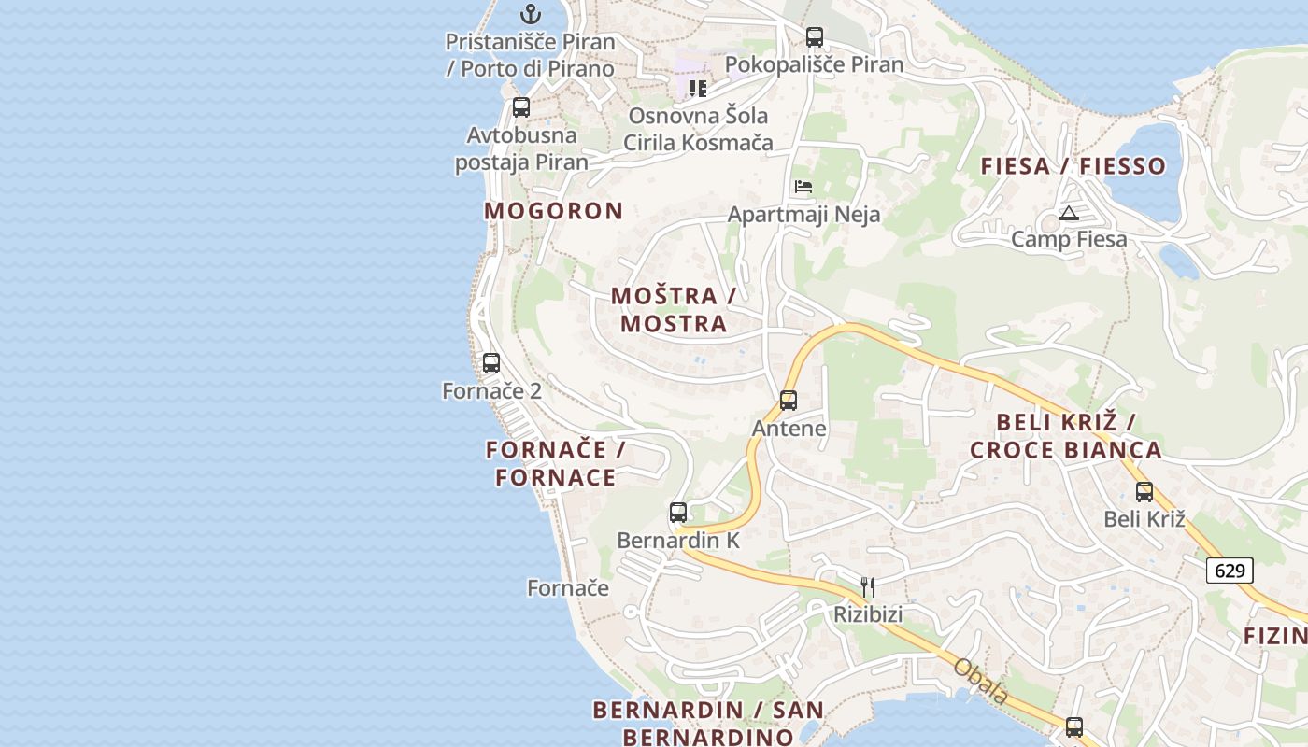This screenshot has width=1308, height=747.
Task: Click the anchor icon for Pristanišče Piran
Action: (x=531, y=14)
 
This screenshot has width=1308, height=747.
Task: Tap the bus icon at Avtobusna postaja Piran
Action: (x=521, y=107)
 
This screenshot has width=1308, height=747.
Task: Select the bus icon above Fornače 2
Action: (x=491, y=363)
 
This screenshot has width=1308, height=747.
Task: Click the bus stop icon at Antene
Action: (x=789, y=401)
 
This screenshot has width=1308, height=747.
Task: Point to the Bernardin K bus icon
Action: (x=678, y=513)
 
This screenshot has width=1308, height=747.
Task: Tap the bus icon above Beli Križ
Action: (x=1144, y=492)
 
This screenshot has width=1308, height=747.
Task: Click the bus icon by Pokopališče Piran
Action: (x=815, y=37)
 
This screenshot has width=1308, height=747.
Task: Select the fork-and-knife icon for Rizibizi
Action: (x=868, y=586)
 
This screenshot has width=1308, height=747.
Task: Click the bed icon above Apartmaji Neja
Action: (x=803, y=187)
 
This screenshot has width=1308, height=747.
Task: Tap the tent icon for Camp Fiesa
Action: (x=1069, y=213)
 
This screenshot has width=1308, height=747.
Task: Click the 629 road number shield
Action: (x=1230, y=570)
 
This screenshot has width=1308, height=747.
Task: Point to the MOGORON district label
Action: (x=553, y=211)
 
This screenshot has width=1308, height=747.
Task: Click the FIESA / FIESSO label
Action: (x=1073, y=166)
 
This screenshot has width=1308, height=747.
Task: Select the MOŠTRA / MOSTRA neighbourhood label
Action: (x=674, y=310)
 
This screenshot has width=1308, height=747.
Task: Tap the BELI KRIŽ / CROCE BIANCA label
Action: (x=1066, y=436)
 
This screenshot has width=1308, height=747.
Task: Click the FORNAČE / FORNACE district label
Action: (x=556, y=464)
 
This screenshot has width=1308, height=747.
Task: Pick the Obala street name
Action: (x=981, y=681)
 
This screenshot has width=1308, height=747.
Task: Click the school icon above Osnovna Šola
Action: (x=697, y=89)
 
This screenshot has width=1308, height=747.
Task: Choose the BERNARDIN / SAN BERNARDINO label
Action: (x=696, y=723)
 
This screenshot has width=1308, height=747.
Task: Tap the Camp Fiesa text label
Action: (x=1069, y=240)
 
